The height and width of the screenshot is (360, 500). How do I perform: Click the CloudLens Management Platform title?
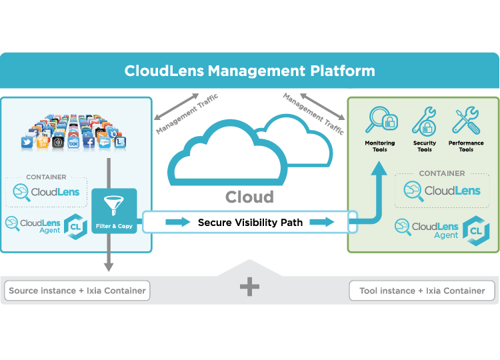249,71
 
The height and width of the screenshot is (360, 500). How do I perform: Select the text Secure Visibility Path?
250,222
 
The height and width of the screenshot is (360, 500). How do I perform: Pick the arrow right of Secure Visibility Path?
322,222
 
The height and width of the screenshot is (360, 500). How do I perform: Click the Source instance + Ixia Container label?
76,291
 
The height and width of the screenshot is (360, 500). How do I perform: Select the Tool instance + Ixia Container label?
422,291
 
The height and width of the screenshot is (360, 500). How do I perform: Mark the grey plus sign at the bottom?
249,287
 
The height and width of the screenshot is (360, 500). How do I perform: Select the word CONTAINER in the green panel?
442,173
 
